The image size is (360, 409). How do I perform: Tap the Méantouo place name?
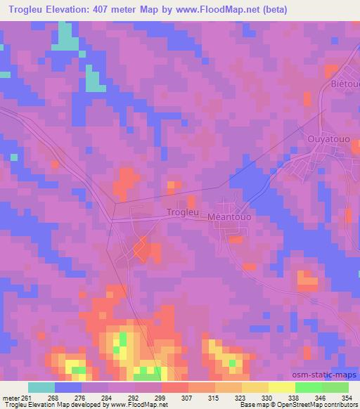pos(230,218)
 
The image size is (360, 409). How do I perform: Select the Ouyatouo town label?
pos(325,140)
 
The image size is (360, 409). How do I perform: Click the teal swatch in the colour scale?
pos(41,387)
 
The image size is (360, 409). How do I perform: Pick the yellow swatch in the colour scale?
pos(282,387)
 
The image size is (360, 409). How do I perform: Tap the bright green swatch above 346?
pos(308,387)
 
